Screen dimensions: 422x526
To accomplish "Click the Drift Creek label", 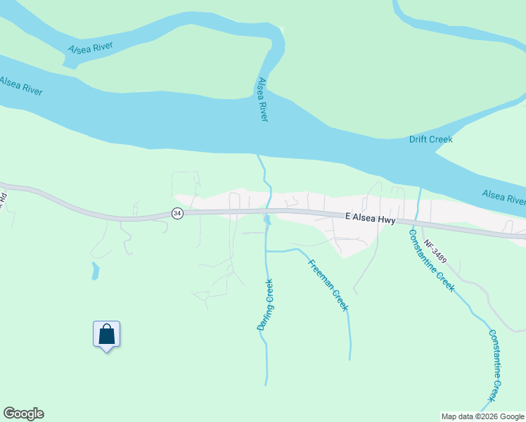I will click(x=430, y=139).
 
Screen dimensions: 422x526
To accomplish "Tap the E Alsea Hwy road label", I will click(x=371, y=219).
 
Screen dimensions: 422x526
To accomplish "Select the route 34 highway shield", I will click(x=177, y=213).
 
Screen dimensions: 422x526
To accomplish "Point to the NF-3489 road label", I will click(x=435, y=252).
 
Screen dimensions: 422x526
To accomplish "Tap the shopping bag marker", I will click(x=106, y=334).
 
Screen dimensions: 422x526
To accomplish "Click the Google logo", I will click(x=23, y=414).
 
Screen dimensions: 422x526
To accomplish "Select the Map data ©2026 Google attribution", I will click(x=482, y=416).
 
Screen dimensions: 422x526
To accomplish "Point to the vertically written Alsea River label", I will click(x=262, y=99).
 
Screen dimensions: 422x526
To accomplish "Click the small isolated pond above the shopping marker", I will click(x=95, y=270).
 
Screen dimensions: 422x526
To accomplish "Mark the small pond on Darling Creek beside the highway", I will click(x=267, y=220).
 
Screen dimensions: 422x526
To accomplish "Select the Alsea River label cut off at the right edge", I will click(x=504, y=197).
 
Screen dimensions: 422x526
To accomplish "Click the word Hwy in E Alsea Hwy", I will click(x=387, y=220).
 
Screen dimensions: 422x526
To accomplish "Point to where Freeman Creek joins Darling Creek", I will click(x=267, y=250).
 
